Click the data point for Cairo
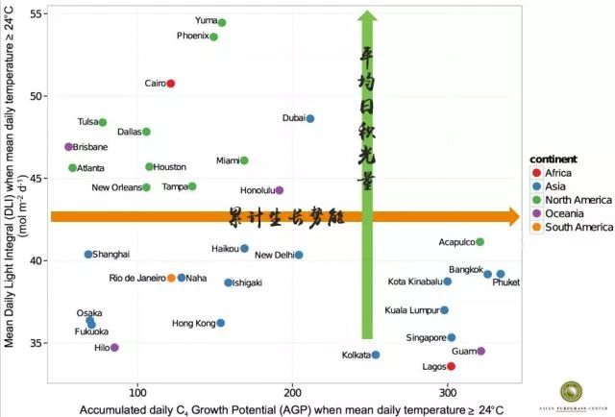click(171, 84)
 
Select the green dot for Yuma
click(222, 22)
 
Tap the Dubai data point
click(309, 118)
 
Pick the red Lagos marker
click(451, 366)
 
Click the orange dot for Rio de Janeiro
click(171, 278)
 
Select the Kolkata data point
click(376, 355)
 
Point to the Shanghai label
click(112, 255)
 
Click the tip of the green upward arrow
click(366, 12)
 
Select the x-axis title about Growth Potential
click(284, 409)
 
